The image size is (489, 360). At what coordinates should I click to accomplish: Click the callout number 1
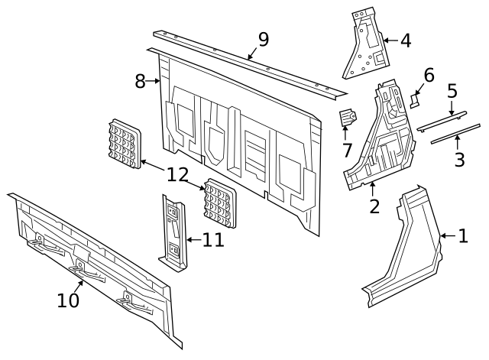point(462,236)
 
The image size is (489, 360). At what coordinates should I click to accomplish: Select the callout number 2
point(374,206)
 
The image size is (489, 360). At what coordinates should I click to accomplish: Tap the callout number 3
point(459,160)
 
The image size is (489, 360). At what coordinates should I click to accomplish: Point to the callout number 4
point(405,41)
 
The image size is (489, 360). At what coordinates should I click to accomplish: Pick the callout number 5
point(452,92)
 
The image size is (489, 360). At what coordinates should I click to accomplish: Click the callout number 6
point(429,75)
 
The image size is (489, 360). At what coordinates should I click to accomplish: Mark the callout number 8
point(140,80)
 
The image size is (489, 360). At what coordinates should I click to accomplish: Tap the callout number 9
point(263,40)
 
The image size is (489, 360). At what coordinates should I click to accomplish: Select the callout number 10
point(68,300)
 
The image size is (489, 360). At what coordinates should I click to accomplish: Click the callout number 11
point(213,239)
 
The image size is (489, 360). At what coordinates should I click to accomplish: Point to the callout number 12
point(177,175)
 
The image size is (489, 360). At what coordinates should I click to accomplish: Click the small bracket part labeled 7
point(348,118)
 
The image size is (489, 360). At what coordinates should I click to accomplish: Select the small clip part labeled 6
point(415,99)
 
